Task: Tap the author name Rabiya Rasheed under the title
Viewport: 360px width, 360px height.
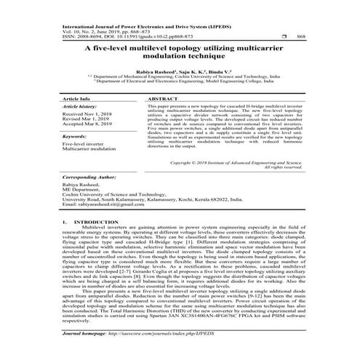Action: (150, 73)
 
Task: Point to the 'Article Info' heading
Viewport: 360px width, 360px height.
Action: (76, 97)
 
